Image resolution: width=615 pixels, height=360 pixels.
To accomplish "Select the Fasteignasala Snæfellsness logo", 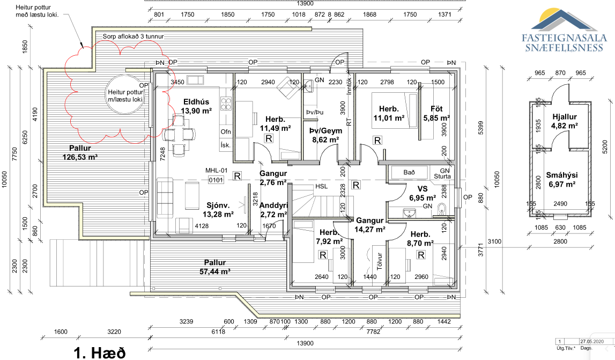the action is coord(564,30).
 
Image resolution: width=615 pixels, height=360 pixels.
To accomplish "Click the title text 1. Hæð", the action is coord(100,352).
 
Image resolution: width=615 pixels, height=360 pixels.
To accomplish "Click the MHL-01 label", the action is coord(216,171).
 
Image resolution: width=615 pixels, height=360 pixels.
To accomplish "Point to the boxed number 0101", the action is coord(216,180).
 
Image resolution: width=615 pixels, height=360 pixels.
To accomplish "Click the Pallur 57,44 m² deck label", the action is coord(215,267).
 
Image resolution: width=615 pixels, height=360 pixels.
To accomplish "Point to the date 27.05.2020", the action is coord(592,342).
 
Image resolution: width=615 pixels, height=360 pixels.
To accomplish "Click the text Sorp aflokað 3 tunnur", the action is coord(133,36).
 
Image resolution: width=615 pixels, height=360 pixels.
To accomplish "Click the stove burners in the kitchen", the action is coord(226,104).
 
